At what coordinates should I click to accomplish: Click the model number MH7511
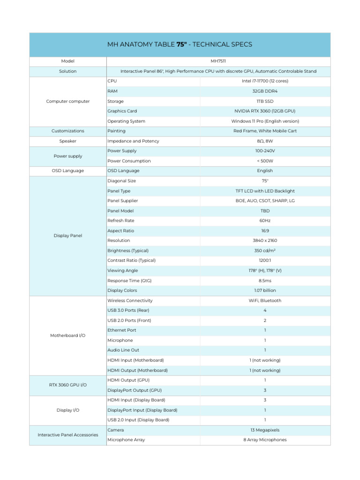pyautogui.click(x=218, y=61)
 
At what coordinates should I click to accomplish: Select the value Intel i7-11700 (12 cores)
pyautogui.click(x=265, y=81)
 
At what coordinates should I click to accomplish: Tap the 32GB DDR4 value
pyautogui.click(x=265, y=91)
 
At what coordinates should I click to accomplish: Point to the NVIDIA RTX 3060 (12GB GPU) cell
pyautogui.click(x=265, y=111)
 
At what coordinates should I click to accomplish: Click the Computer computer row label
pyautogui.click(x=68, y=101)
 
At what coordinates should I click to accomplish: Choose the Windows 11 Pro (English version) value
pyautogui.click(x=265, y=121)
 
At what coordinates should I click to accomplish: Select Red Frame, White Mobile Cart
pyautogui.click(x=265, y=131)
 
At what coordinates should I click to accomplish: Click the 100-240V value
pyautogui.click(x=265, y=151)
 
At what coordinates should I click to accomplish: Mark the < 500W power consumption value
pyautogui.click(x=265, y=161)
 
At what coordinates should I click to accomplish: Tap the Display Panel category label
pyautogui.click(x=68, y=236)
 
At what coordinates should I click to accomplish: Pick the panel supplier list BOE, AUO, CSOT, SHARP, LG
pyautogui.click(x=265, y=201)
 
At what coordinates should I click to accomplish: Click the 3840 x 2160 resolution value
pyautogui.click(x=265, y=240)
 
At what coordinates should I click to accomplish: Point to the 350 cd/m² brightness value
pyautogui.click(x=265, y=250)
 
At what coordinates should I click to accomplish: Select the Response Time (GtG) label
pyautogui.click(x=129, y=280)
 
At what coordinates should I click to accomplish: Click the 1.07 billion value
pyautogui.click(x=265, y=291)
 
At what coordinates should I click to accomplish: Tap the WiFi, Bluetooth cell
pyautogui.click(x=265, y=300)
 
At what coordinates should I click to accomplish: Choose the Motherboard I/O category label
pyautogui.click(x=68, y=336)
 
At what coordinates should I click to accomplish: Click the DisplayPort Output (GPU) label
pyautogui.click(x=135, y=390)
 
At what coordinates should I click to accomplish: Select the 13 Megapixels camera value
pyautogui.click(x=265, y=430)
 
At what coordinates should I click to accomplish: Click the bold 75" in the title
pyautogui.click(x=181, y=45)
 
